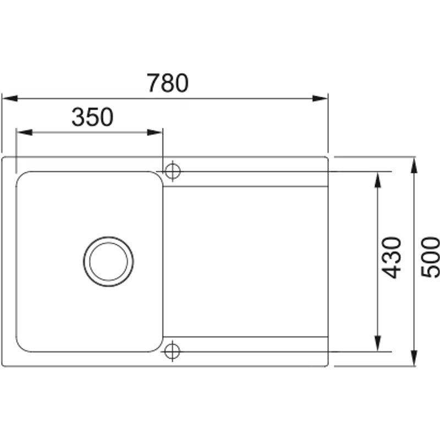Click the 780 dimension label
click(x=168, y=83)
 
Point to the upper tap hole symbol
click(x=172, y=171)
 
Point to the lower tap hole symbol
click(x=172, y=350)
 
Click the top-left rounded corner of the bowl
click(x=21, y=177)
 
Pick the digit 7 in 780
click(x=153, y=83)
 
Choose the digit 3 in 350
click(x=78, y=117)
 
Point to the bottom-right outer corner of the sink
click(x=328, y=365)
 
